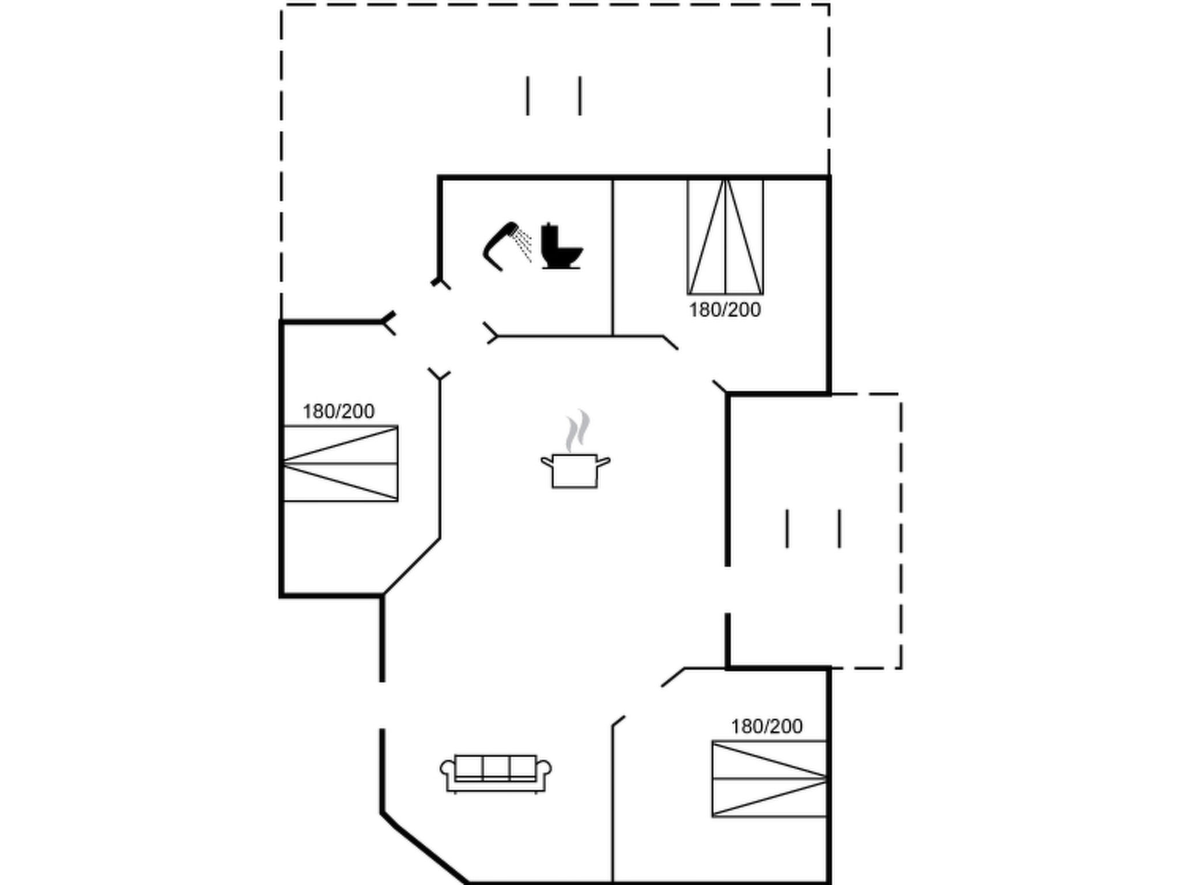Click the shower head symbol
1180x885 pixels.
point(499,246)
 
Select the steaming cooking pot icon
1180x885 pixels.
point(576,449)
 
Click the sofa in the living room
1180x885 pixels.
point(496,773)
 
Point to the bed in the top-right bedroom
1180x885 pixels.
point(725,237)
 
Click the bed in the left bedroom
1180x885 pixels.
point(341,463)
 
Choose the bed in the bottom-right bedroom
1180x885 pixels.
point(770,778)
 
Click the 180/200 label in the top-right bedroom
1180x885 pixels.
point(725,310)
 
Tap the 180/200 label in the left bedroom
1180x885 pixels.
point(338,411)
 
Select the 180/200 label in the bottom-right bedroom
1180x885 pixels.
point(766,727)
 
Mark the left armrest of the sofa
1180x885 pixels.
point(447,774)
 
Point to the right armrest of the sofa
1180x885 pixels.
point(544,774)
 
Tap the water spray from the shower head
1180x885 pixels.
point(523,244)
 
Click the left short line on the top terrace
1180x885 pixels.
point(527,96)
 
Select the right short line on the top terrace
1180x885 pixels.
point(580,96)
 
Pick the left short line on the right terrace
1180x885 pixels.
point(787,528)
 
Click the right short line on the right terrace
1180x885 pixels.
point(839,528)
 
